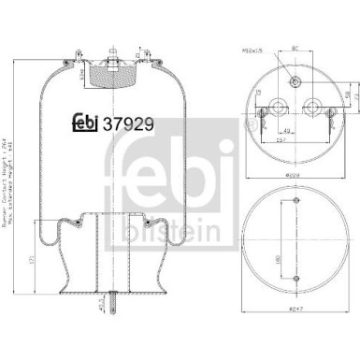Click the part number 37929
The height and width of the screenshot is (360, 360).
tap(126, 122)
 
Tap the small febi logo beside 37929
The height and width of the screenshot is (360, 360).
tap(87, 122)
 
